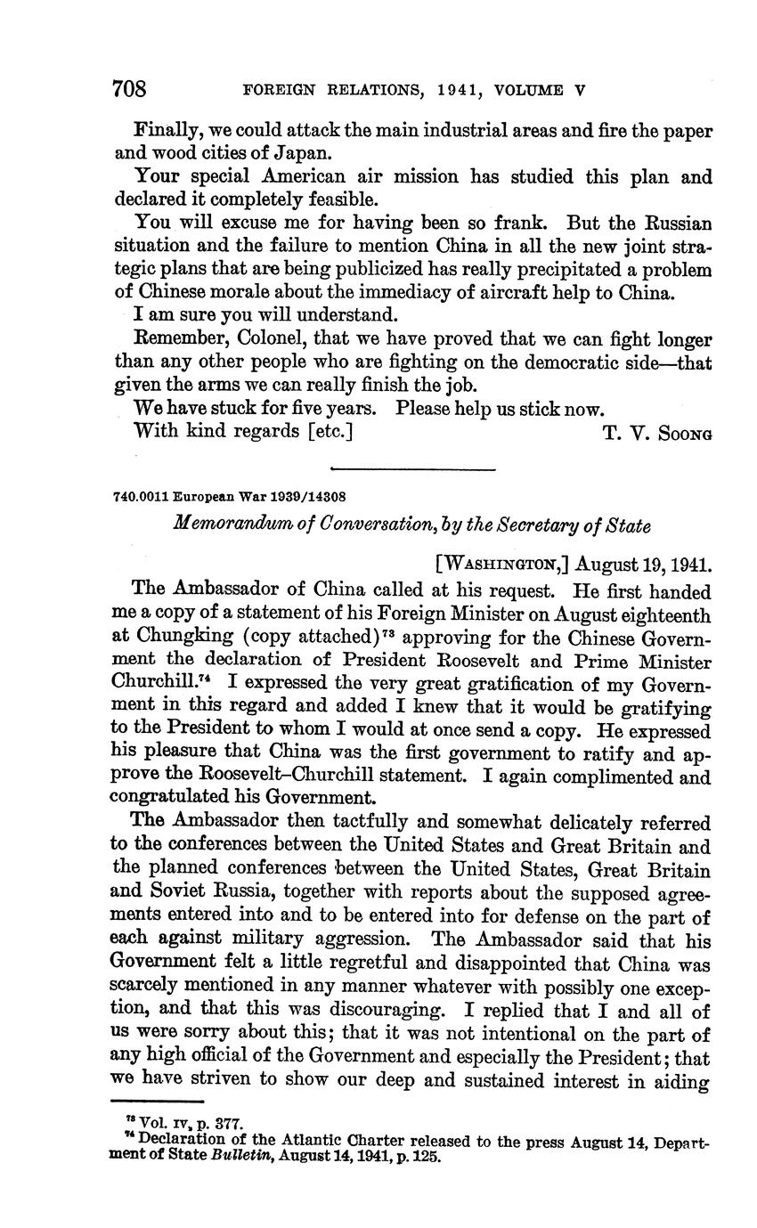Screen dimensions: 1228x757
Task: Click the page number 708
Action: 129,89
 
